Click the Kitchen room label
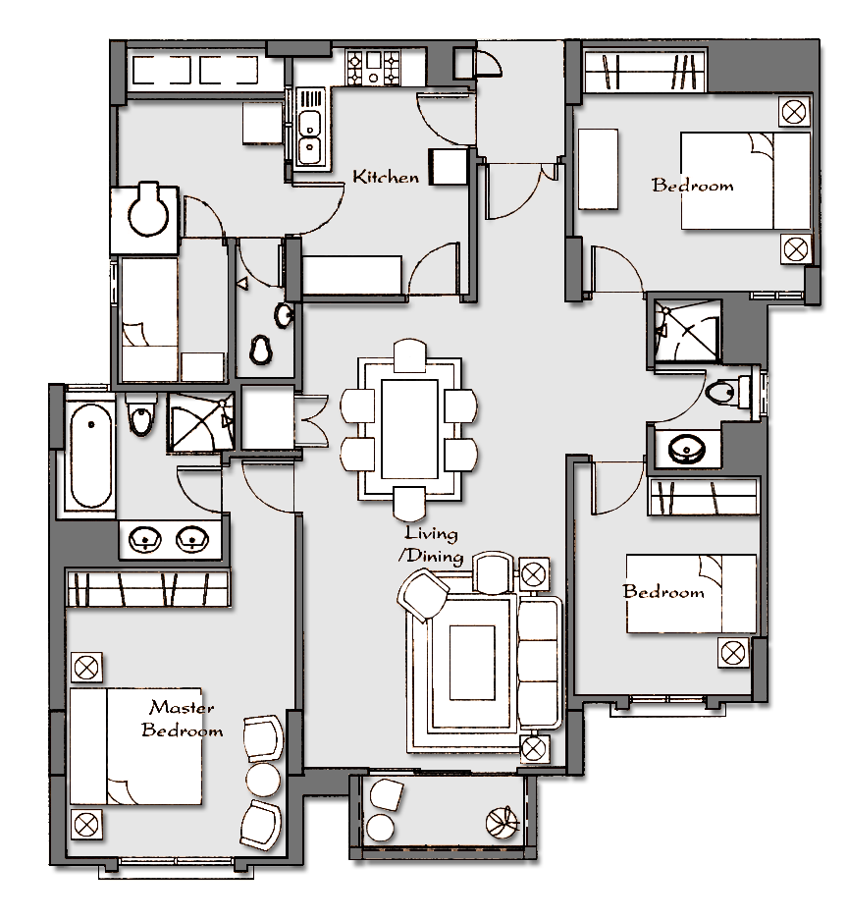coord(386,177)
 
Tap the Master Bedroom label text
coord(182,719)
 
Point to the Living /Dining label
coord(431,545)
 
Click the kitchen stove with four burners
coord(374,68)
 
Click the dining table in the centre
coord(409,429)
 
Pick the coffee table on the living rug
coord(472,663)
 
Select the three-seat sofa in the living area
coord(539,663)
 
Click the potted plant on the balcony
coord(503,822)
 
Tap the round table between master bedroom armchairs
coord(263,780)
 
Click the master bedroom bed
coord(135,747)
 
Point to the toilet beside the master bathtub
coord(140,414)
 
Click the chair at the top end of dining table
coord(410,355)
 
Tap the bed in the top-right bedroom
coord(745,181)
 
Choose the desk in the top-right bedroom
coord(598,170)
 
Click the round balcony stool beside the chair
coord(381,829)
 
